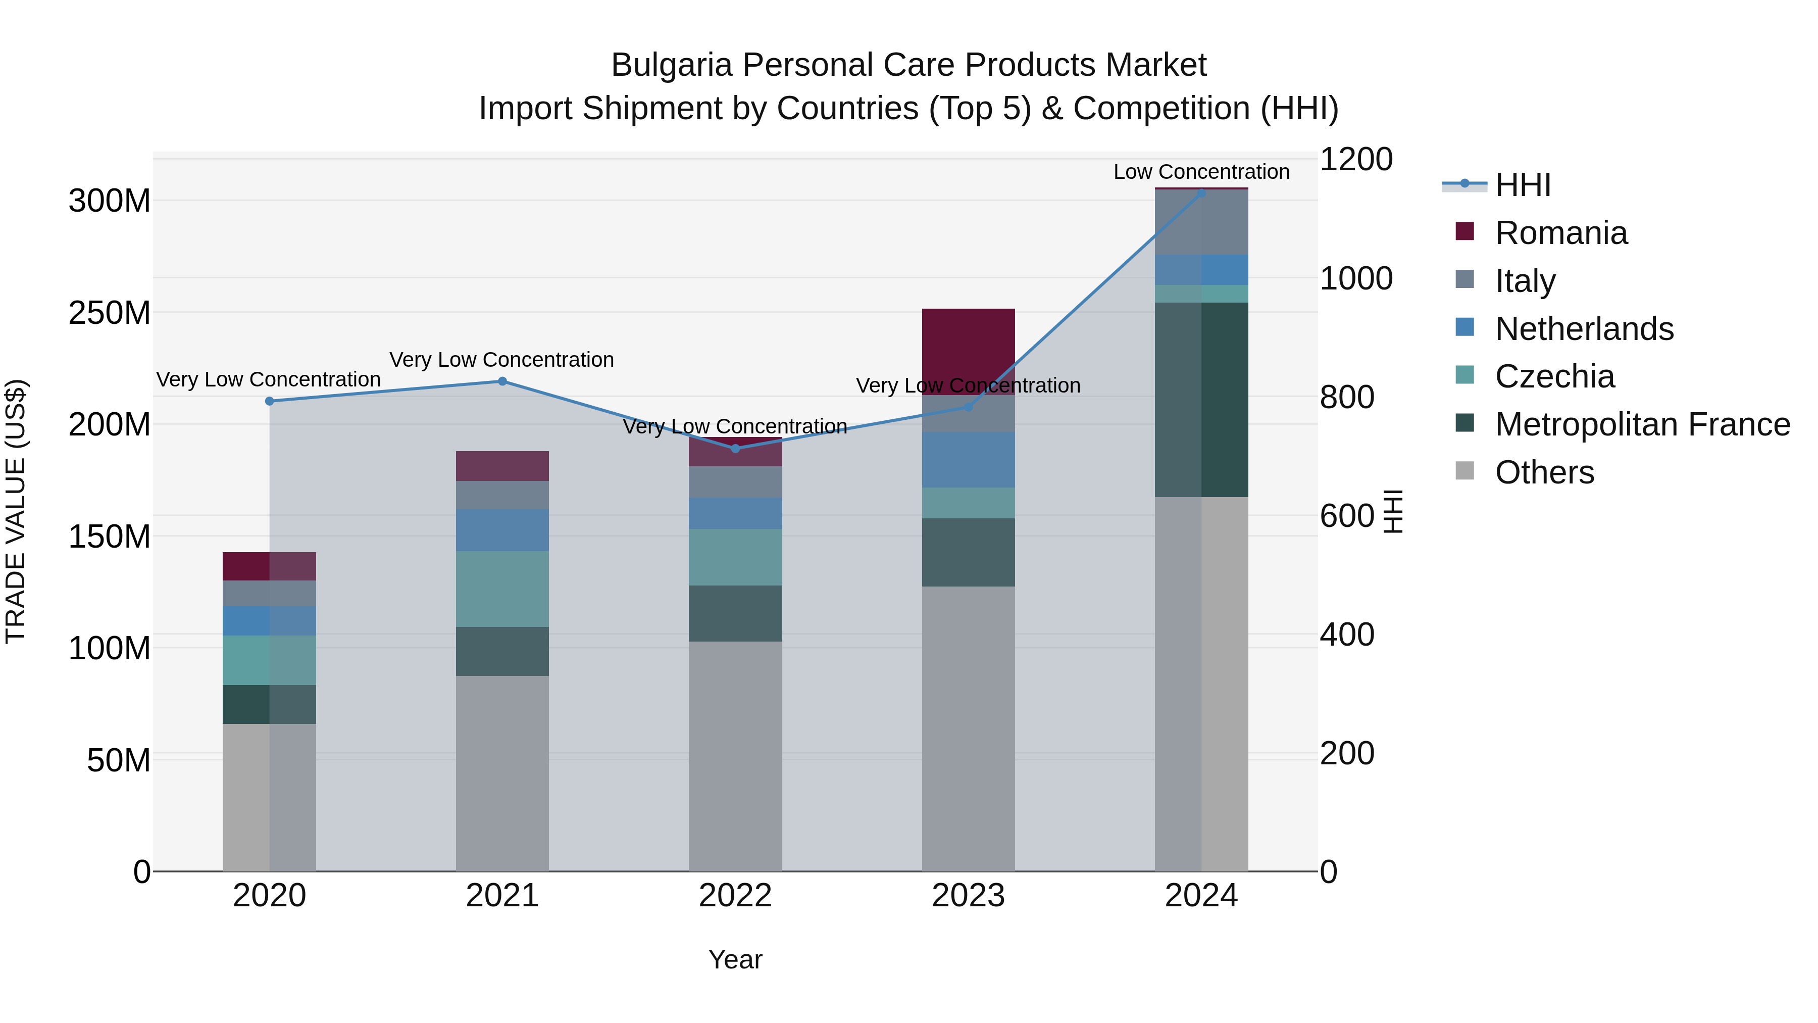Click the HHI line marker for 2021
point(502,381)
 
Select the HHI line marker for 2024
point(1201,193)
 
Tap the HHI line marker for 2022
point(735,448)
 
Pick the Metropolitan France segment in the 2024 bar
point(1201,400)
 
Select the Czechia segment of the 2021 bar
point(502,589)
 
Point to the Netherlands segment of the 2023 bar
point(968,460)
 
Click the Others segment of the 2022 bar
point(735,755)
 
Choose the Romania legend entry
point(1560,233)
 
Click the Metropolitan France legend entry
point(1642,424)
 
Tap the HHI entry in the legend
point(1522,185)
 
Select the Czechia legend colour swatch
point(1464,375)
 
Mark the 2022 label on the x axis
point(735,895)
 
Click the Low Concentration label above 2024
point(1201,172)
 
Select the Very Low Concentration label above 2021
point(502,359)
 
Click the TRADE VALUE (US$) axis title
point(16,511)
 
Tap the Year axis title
point(735,959)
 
